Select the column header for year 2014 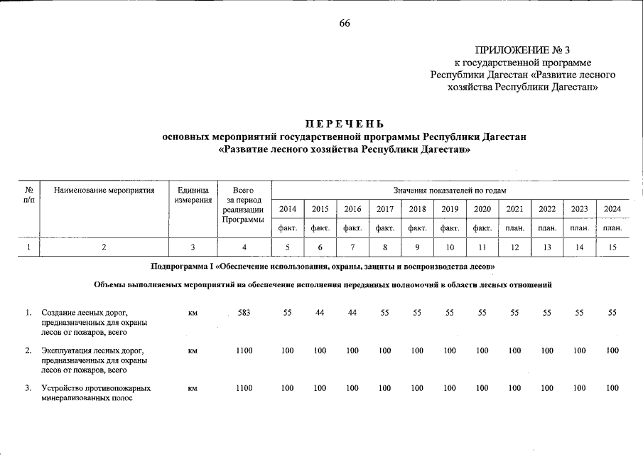click(x=288, y=209)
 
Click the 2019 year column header click(x=449, y=209)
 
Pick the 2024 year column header click(x=612, y=209)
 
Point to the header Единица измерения click(x=191, y=196)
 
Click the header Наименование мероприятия click(x=104, y=191)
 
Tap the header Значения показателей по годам click(x=450, y=191)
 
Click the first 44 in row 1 click(x=320, y=313)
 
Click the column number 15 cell click(x=612, y=247)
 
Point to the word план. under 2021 click(x=514, y=228)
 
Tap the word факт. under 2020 click(x=482, y=228)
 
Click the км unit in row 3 click(x=192, y=389)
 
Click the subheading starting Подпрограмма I click(x=323, y=266)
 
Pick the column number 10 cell click(x=449, y=247)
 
